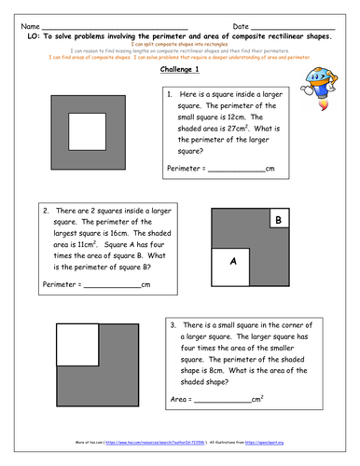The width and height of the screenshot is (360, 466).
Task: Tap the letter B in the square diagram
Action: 276,220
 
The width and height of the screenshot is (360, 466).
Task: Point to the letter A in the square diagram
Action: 233,262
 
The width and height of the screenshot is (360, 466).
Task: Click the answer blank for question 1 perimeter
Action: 236,169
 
